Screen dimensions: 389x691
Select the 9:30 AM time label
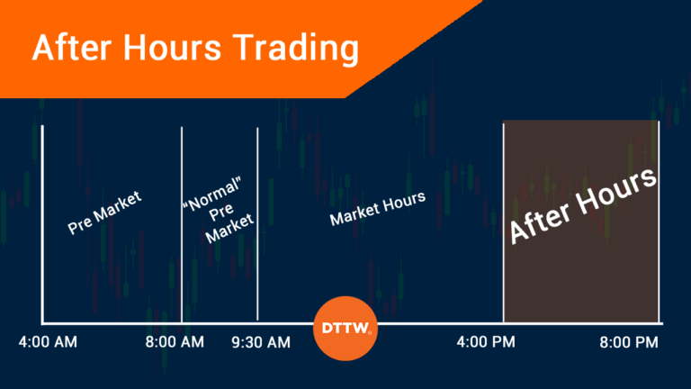pyautogui.click(x=260, y=342)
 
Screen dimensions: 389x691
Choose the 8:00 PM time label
pyautogui.click(x=629, y=342)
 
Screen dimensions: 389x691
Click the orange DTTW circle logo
pyautogui.click(x=345, y=329)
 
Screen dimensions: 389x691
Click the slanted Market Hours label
pyautogui.click(x=377, y=208)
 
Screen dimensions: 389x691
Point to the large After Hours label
pyautogui.click(x=582, y=205)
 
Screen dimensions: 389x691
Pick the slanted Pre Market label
pyautogui.click(x=105, y=213)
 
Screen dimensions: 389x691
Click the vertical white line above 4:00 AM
pyautogui.click(x=43, y=225)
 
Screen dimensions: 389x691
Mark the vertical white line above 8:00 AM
pyautogui.click(x=182, y=225)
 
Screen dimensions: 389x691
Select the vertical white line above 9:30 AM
pyautogui.click(x=257, y=225)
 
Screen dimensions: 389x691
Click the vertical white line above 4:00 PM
pyautogui.click(x=503, y=225)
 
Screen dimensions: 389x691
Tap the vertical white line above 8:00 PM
pyautogui.click(x=659, y=225)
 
